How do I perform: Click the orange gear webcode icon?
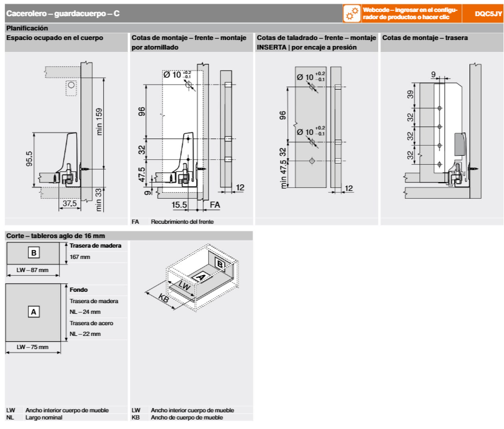coord(352,13)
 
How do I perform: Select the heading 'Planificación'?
coord(27,28)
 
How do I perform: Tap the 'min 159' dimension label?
coord(100,121)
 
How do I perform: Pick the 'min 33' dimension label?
coord(100,199)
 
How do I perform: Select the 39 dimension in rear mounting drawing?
coord(410,95)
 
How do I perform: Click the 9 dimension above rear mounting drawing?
coord(433,75)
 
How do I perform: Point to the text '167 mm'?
coord(80,257)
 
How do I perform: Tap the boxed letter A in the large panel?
coord(34,311)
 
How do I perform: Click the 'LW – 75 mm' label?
coord(33,347)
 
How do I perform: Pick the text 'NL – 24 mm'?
coord(85,312)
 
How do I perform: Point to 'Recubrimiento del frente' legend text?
coord(182,222)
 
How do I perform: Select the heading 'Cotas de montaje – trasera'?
coord(425,38)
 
